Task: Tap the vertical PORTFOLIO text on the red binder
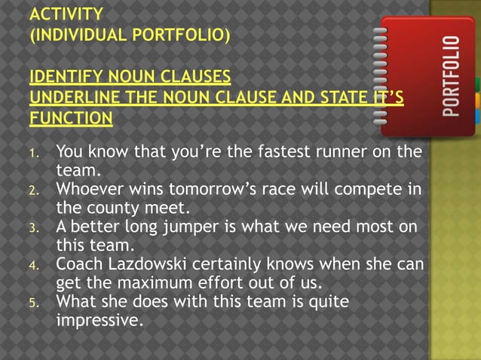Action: [x=451, y=75]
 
